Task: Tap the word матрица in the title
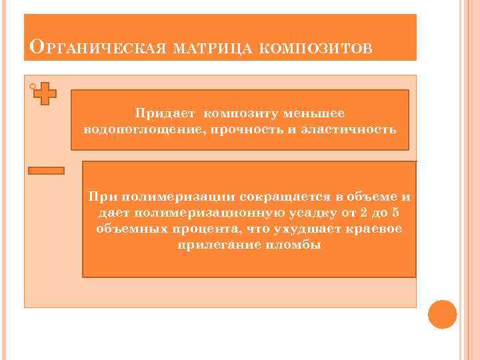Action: click(205, 49)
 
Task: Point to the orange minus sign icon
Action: click(46, 171)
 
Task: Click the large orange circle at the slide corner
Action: click(442, 314)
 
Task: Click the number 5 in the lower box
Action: click(395, 213)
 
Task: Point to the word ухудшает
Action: click(308, 229)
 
